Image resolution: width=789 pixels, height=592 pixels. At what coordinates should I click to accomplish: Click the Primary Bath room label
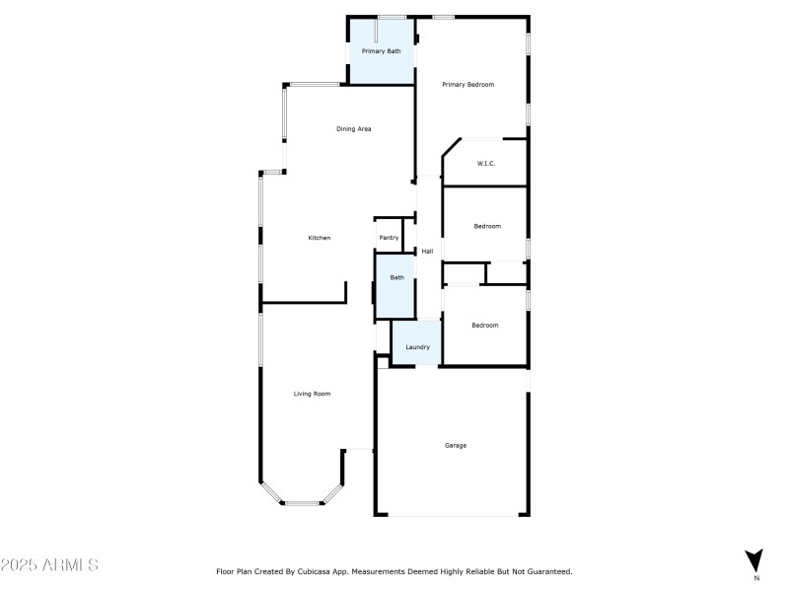[381, 50]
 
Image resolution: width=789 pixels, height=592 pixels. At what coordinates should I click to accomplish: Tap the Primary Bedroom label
[467, 85]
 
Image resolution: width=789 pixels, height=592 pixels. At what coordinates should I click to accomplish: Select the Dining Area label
[353, 129]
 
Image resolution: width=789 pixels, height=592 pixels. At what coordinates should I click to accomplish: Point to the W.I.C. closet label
[486, 164]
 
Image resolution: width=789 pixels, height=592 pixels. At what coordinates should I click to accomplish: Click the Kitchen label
[320, 238]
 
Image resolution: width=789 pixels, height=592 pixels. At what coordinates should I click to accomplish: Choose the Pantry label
[390, 238]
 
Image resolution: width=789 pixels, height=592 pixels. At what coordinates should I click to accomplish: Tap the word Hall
[427, 252]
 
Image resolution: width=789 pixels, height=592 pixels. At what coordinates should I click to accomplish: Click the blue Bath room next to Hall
[396, 278]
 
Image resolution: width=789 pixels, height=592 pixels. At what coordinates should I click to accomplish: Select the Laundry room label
[417, 347]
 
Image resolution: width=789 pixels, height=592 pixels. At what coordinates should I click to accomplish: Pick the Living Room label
[312, 394]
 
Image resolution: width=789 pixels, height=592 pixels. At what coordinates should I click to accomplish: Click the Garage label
[455, 445]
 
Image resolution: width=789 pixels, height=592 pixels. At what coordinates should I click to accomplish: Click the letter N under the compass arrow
[755, 576]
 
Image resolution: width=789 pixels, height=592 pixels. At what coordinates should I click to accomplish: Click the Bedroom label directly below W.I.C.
[487, 227]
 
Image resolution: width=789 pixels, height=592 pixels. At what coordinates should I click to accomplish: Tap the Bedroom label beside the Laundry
[484, 326]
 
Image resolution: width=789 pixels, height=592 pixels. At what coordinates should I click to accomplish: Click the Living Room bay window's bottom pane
[302, 503]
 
